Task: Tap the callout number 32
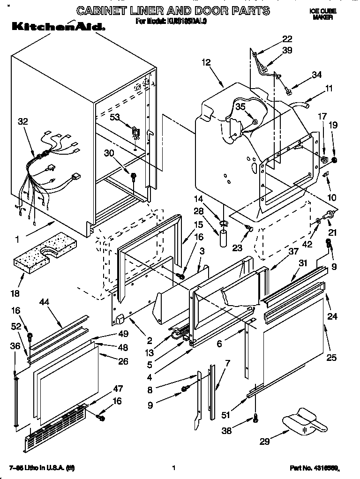coord(22,122)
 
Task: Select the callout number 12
coord(206,62)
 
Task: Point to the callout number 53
coord(115,117)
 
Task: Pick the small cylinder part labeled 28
coord(224,235)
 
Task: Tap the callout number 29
coord(265,442)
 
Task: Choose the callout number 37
coord(293,252)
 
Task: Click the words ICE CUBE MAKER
coord(323,14)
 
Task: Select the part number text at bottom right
coord(314,468)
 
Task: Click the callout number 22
coord(287,38)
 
